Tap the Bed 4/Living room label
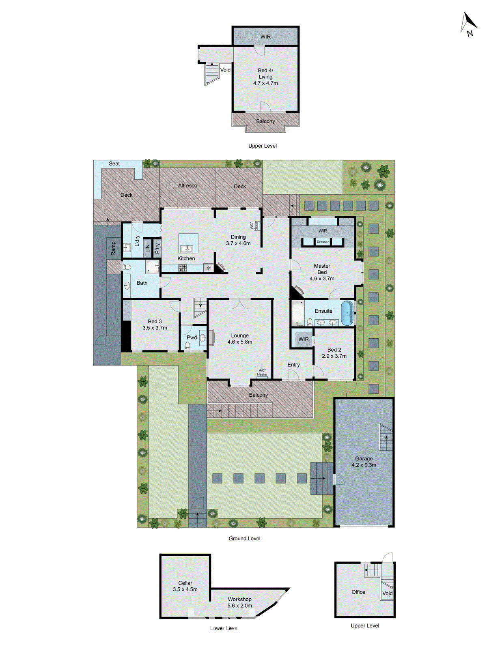click(265, 73)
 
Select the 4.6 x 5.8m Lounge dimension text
click(240, 342)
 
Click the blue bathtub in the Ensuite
click(347, 313)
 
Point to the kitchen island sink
click(186, 249)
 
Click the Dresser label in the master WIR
click(323, 242)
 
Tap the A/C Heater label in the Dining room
click(254, 226)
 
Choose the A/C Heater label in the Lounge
click(262, 372)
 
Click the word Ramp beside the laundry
click(113, 248)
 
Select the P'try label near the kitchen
click(157, 248)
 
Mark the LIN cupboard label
click(147, 248)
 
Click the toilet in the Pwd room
click(187, 346)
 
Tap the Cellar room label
click(185, 583)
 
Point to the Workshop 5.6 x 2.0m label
click(239, 602)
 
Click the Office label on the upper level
click(358, 592)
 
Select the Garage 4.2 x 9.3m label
click(364, 462)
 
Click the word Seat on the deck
click(114, 164)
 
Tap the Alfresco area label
click(187, 186)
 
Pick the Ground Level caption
click(244, 539)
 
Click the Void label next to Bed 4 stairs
click(225, 70)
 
